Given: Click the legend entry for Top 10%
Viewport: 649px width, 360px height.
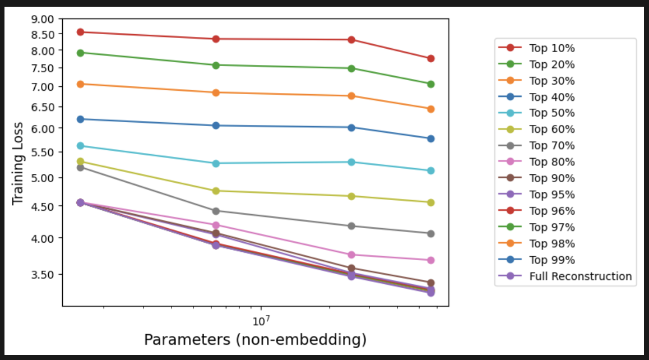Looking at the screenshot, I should [x=552, y=48].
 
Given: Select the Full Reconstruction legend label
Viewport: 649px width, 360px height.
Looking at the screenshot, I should [x=580, y=276].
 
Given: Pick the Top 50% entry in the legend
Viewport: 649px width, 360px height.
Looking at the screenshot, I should [x=552, y=113].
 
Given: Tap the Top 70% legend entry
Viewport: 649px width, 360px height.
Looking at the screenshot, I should [x=552, y=146].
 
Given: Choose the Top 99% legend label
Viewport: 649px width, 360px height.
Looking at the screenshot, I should [x=552, y=260].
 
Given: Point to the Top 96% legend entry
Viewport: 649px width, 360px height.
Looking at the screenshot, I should [x=552, y=211].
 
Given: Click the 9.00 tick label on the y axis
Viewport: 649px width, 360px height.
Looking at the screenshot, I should [x=43, y=19].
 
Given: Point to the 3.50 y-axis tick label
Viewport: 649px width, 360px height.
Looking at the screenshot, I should [x=43, y=275].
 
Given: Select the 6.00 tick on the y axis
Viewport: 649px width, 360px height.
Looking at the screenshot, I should [x=43, y=128].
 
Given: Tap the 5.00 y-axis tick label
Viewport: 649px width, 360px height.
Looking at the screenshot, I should [x=43, y=178].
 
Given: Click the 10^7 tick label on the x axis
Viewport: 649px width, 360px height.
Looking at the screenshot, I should [x=260, y=321].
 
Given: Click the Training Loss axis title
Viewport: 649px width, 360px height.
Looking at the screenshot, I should [x=18, y=163].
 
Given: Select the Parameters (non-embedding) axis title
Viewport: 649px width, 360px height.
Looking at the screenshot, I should [x=255, y=340].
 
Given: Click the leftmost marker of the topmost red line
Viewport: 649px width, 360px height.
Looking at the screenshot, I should [x=80, y=32].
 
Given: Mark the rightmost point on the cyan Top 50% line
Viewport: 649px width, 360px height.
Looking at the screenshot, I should [x=431, y=170].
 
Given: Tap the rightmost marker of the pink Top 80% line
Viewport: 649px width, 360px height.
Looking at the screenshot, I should [x=431, y=260].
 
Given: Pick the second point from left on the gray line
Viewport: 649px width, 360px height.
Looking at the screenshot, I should [x=216, y=211].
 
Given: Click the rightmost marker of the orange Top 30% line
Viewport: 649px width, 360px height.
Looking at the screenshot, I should [x=431, y=109].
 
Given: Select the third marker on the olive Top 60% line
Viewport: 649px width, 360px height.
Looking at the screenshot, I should [x=351, y=196].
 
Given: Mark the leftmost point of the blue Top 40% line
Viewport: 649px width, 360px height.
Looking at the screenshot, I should [x=80, y=119].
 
